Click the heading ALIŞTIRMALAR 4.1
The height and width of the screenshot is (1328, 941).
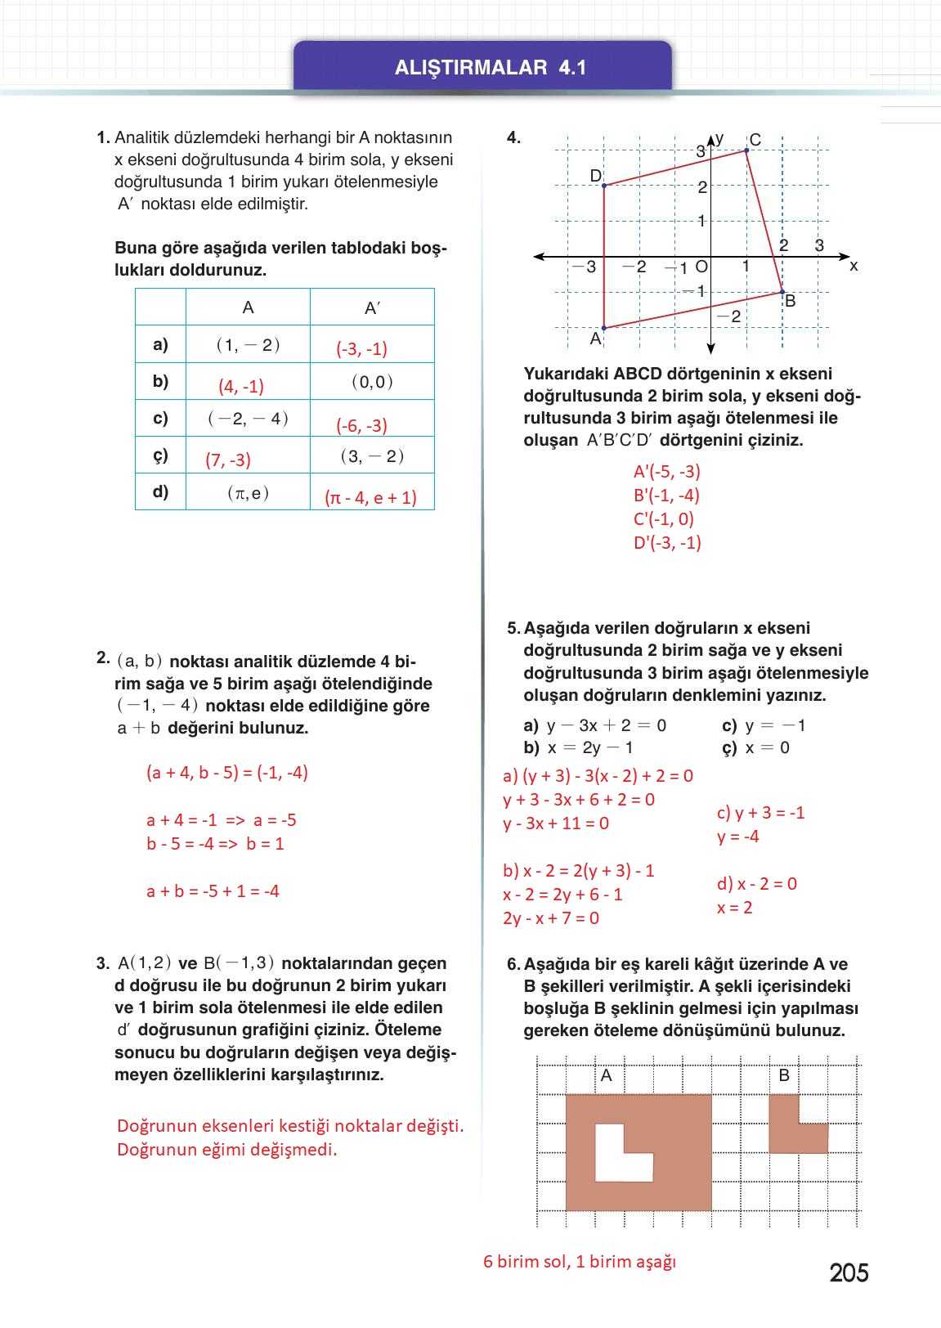click(x=490, y=67)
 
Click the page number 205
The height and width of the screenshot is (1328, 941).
click(x=848, y=1272)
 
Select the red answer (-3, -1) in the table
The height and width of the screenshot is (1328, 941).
click(x=361, y=349)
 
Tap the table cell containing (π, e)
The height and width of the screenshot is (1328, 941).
click(x=249, y=493)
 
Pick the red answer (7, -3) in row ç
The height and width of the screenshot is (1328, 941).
click(x=228, y=460)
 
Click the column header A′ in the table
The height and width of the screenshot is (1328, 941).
click(x=372, y=308)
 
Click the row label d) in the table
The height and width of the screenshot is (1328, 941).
click(x=160, y=491)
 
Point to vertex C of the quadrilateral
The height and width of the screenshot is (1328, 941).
click(x=746, y=150)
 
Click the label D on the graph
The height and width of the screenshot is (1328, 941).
click(x=595, y=177)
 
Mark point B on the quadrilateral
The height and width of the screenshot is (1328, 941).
click(x=782, y=292)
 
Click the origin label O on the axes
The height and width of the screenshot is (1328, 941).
click(x=701, y=267)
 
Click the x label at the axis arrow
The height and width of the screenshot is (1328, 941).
click(x=854, y=267)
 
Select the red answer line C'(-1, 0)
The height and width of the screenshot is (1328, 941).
click(x=663, y=519)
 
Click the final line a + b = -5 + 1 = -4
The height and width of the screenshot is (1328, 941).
click(x=213, y=891)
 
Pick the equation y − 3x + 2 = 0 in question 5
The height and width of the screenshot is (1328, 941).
click(x=605, y=725)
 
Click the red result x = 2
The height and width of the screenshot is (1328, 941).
click(x=734, y=908)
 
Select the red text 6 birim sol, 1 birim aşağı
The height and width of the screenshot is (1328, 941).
click(x=580, y=1262)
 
